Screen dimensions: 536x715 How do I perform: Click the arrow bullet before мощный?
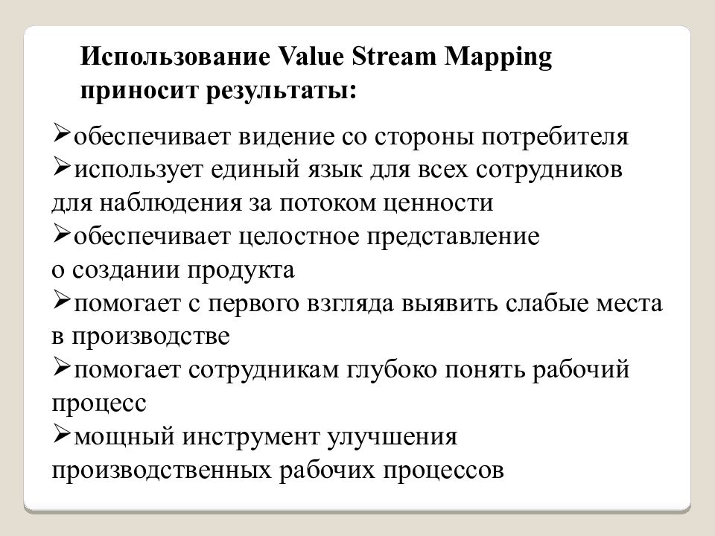(62, 433)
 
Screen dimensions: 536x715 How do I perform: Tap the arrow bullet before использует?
(62, 167)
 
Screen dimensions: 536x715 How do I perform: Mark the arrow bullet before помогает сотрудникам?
(62, 366)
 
